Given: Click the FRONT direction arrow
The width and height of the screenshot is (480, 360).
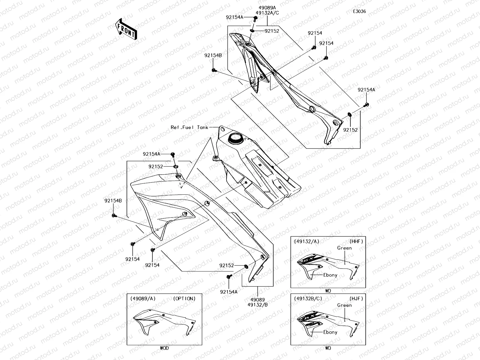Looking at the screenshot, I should pos(126,29).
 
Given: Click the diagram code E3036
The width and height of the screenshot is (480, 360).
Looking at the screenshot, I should pos(359,11).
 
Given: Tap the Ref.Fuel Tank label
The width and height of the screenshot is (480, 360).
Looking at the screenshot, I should pos(189,127).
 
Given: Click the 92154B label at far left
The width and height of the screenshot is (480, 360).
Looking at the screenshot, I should pos(113,201).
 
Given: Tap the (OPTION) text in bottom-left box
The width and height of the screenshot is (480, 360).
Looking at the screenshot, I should pos(184,298).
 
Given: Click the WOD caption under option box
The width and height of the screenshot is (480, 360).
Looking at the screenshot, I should pos(164,348).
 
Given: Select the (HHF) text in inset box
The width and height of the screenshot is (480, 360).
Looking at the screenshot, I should pos(356,241).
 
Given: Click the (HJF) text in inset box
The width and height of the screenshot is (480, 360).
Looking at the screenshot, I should pos(356,298).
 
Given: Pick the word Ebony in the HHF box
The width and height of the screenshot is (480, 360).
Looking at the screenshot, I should pos(330,275).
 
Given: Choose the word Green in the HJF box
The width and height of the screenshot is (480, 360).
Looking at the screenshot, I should pos(344,305).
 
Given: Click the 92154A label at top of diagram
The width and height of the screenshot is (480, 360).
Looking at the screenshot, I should pos(235,17).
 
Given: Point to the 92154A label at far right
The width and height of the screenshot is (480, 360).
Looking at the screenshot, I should pos(366,89).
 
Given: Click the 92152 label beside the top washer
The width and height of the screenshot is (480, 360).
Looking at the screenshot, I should pos(272,31).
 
